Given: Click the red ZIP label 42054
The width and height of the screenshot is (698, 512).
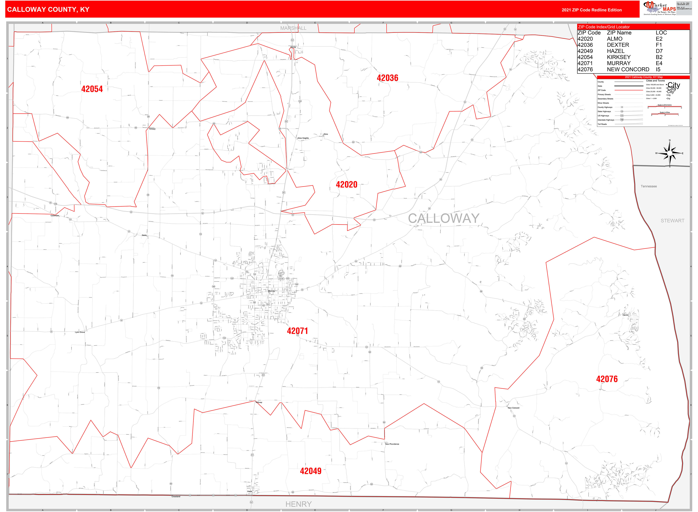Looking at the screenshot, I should [92, 89].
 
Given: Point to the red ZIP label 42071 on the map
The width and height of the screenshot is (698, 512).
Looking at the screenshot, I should [297, 331].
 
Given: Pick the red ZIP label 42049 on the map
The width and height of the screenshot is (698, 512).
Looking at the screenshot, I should [310, 471].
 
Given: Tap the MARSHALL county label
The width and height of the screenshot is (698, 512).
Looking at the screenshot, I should [293, 28].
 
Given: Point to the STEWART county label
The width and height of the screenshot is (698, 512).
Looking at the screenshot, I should [672, 221].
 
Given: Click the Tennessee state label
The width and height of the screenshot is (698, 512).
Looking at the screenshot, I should [649, 186].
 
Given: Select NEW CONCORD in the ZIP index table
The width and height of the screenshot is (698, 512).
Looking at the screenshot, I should [628, 70].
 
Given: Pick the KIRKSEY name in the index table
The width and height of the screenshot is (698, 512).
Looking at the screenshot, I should [619, 57].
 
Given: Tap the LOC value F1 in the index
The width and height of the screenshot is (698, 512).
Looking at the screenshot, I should [659, 45].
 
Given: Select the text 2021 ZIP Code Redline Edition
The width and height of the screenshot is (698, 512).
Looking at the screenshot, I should [591, 10].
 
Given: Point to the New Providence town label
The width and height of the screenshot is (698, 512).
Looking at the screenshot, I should [392, 444].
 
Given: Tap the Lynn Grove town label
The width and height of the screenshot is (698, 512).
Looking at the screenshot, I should [80, 332].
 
